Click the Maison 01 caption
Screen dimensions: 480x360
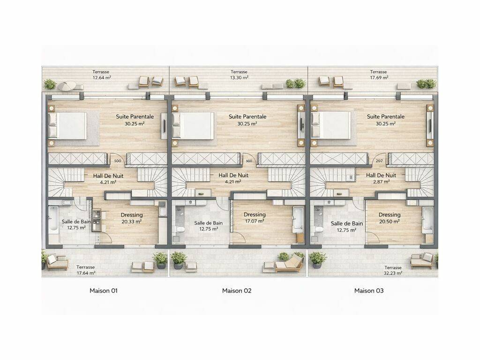(x=104, y=291)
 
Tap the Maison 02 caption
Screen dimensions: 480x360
(x=237, y=291)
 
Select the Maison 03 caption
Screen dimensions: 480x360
(x=369, y=291)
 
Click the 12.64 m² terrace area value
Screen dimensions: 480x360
(x=102, y=77)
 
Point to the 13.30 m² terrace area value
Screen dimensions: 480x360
(x=239, y=77)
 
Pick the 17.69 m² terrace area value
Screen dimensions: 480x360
(x=379, y=77)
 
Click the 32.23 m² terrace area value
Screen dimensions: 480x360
(x=393, y=273)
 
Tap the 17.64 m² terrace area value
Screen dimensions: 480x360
(x=86, y=272)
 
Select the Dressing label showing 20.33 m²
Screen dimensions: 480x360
(x=132, y=215)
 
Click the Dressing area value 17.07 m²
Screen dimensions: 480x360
(x=255, y=221)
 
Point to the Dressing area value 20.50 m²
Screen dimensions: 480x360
(x=390, y=221)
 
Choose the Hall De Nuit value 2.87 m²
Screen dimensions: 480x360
(x=381, y=181)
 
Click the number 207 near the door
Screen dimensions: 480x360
(x=379, y=161)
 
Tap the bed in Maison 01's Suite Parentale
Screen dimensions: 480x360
(x=67, y=126)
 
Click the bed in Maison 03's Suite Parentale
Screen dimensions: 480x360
(x=331, y=125)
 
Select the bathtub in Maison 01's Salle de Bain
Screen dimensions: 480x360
(x=53, y=218)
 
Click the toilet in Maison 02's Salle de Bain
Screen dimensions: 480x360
(x=180, y=229)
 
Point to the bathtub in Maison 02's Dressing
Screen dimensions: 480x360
(x=298, y=218)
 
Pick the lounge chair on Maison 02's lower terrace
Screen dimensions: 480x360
(x=289, y=263)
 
